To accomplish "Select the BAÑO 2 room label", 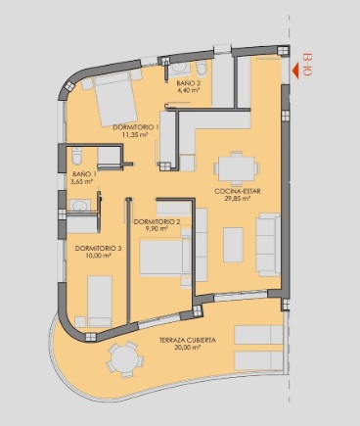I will [x=188, y=83].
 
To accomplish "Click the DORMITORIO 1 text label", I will [x=136, y=127].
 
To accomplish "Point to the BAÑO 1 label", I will [x=82, y=173].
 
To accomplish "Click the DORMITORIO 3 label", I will [x=98, y=248].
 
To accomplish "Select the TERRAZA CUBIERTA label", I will [x=187, y=340].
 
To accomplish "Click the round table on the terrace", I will [x=123, y=359].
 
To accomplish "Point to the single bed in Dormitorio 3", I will [x=100, y=299].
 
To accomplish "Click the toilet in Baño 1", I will [x=77, y=158].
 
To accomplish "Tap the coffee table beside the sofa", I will [x=234, y=244].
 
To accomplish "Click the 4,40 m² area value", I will [x=188, y=91].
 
